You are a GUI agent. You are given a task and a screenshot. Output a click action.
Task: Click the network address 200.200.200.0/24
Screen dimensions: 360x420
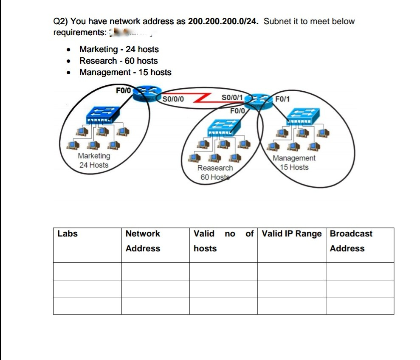coord(223,21)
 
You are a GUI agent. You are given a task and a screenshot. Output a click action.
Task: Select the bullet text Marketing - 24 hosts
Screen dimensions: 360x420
coord(119,49)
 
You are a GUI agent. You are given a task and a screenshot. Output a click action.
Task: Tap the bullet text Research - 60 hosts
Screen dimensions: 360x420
coord(118,61)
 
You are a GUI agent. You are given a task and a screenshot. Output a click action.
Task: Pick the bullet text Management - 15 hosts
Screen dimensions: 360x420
coord(125,72)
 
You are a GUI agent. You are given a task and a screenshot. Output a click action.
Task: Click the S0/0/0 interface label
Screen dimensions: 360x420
coord(173,100)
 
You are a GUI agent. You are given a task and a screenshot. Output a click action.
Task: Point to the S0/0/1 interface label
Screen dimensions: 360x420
coord(232,97)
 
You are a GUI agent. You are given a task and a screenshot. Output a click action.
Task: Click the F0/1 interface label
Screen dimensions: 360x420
coord(282,99)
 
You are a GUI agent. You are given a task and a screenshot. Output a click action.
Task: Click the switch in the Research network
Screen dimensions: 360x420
coord(224,126)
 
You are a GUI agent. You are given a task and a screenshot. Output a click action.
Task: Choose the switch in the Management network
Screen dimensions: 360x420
coord(303,115)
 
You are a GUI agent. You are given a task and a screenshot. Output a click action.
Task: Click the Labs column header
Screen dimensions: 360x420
coord(68,233)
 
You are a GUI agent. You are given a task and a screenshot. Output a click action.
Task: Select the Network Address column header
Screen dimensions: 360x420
coord(143,241)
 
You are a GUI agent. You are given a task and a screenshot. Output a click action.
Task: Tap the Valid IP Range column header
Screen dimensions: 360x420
coord(292,233)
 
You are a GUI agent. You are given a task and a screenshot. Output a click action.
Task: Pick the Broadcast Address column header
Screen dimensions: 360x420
coord(351,241)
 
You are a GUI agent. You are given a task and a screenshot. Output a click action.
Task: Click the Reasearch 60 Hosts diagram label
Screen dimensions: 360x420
coord(215,172)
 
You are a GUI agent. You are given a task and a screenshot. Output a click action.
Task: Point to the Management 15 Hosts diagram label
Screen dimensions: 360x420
coord(294,163)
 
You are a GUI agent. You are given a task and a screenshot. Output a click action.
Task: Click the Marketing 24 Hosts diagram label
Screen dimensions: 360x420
coord(94,160)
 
